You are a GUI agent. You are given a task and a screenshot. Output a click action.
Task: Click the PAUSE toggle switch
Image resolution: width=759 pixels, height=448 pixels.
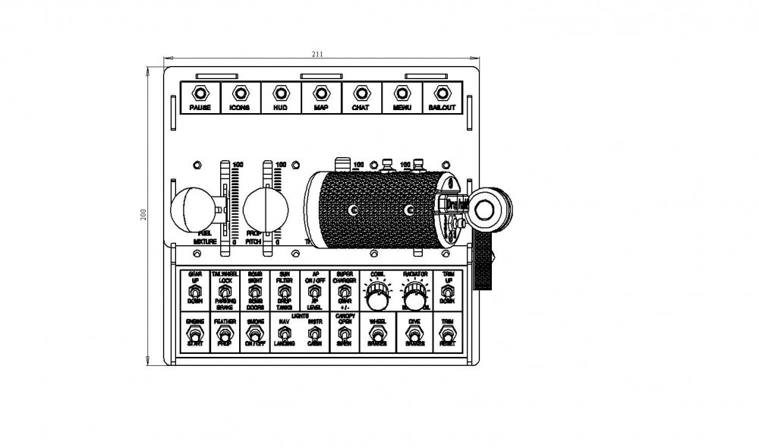200,93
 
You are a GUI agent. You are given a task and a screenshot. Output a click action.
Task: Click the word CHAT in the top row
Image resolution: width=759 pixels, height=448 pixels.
361,109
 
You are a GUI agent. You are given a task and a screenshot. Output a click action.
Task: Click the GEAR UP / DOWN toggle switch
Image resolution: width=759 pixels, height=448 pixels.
194,291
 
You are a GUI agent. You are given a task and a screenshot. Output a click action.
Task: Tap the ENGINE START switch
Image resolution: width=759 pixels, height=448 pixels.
194,334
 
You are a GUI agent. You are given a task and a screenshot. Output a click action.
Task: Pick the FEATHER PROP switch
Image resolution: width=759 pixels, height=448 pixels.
224,334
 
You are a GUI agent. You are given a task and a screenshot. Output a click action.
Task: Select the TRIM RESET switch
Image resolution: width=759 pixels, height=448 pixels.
448,334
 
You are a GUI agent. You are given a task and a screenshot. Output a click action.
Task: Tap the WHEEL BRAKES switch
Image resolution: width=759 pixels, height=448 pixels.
376,334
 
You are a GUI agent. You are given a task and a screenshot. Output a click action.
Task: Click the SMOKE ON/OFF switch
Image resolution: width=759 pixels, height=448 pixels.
254,334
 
